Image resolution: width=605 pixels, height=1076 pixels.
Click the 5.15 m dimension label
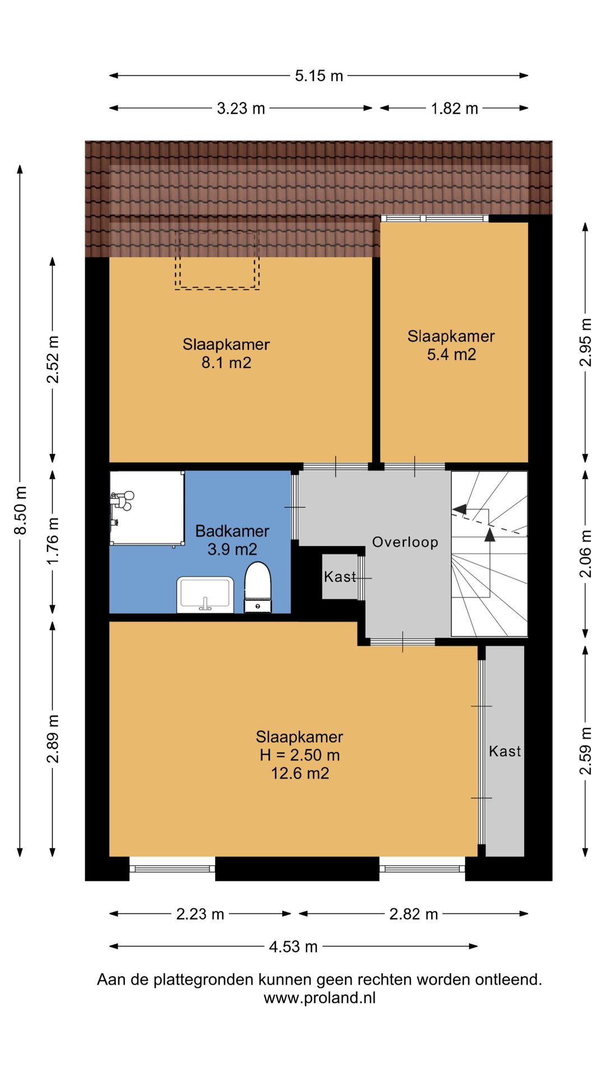pos(319,76)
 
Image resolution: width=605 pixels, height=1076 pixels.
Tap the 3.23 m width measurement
pos(241,108)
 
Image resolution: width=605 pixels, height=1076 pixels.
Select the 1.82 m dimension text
pos(454,108)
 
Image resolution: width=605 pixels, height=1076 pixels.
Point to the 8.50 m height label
pos(21,510)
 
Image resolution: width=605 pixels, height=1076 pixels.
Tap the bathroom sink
pos(205,595)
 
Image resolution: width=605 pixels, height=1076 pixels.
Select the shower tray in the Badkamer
pos(147,508)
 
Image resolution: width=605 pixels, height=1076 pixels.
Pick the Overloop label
pos(405,542)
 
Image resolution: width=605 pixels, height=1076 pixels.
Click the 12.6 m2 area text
pos(300,773)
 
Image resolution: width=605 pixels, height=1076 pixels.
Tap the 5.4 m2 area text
pos(452,354)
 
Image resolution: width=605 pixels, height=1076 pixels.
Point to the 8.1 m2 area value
pos(226,363)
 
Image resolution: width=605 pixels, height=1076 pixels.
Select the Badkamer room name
pos(232,531)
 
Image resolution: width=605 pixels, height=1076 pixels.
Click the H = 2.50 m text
pos(300,755)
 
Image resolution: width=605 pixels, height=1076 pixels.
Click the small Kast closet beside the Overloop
pos(340,577)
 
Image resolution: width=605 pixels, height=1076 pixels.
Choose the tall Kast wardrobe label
pos(505,751)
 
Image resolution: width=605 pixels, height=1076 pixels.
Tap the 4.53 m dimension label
pos(294,947)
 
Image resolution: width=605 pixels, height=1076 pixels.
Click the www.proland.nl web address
pos(320,998)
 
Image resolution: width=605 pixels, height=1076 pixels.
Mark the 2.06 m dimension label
pos(585,554)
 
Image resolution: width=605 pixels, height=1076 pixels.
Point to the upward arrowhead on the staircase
pos(490,534)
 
